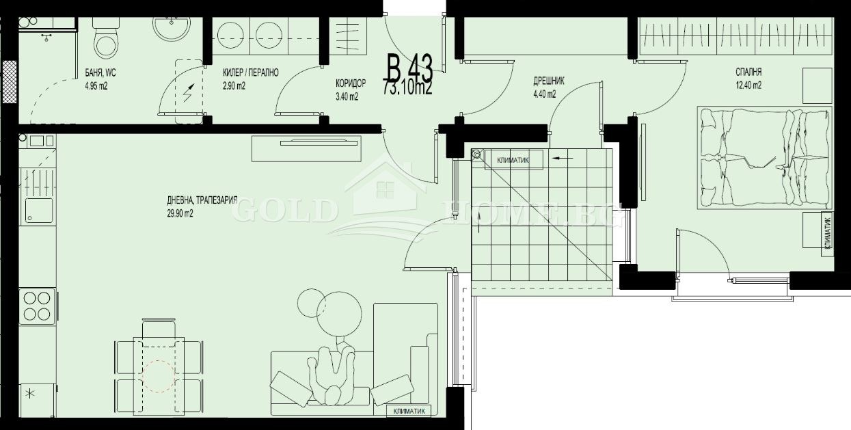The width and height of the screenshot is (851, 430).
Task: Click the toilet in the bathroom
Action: [105, 40]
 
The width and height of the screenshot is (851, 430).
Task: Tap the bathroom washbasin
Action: [168, 31]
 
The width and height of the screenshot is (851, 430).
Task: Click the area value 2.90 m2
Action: [234, 86]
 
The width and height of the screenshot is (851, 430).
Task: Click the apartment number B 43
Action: [409, 69]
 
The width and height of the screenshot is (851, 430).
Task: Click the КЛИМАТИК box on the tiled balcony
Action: [513, 160]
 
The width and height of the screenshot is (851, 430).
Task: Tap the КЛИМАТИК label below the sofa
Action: [409, 411]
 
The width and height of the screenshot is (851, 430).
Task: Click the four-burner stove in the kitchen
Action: [38, 305]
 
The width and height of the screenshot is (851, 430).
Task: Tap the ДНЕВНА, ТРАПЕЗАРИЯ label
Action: [202, 200]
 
